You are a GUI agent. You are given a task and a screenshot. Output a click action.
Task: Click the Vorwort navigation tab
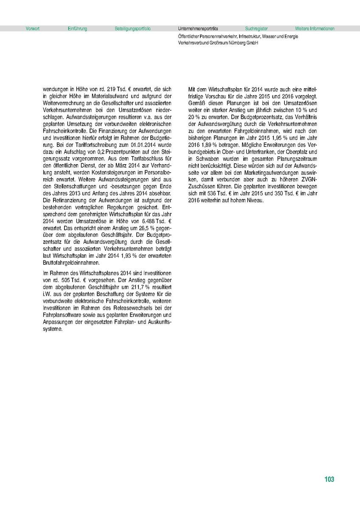tap(33, 29)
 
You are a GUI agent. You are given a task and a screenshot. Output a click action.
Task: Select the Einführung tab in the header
tap(77, 29)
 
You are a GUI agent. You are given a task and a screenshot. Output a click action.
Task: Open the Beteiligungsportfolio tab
tap(132, 29)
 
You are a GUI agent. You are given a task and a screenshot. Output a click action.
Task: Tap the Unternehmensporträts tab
tap(198, 29)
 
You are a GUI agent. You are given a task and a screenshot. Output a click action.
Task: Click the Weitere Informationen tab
tap(315, 29)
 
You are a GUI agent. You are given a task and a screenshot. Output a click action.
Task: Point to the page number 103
tap(329, 479)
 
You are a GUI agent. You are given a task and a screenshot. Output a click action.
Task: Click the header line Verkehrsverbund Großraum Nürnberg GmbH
tap(219, 43)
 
